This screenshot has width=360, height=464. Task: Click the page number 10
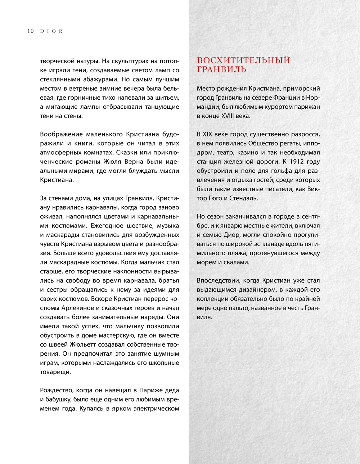pyautogui.click(x=31, y=31)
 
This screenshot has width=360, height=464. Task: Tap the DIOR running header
pyautogui.click(x=51, y=31)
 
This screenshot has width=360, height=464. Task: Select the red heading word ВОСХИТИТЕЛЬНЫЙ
pyautogui.click(x=243, y=60)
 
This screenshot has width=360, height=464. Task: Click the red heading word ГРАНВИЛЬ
pyautogui.click(x=221, y=69)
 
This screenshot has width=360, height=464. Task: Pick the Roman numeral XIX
pyautogui.click(x=207, y=134)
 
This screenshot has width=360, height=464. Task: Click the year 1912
pyautogui.click(x=297, y=162)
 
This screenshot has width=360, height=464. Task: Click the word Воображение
pyautogui.click(x=61, y=134)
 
